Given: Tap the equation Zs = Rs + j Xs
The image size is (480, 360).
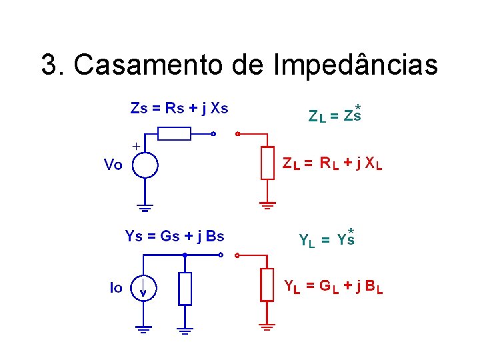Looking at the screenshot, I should coord(179,108).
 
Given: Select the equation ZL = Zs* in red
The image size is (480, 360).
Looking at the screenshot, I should coord(335,115).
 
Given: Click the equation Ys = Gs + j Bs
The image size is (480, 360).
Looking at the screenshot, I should coord(175,235).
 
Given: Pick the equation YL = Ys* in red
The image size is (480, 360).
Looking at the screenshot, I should coord(327,239).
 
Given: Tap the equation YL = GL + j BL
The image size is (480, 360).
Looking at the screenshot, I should coord(333,287).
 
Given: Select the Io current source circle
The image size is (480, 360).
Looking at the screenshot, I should coord(143,288).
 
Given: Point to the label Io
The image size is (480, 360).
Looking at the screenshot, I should coord(116,288).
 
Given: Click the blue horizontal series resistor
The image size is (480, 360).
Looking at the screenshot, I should coord(174,134).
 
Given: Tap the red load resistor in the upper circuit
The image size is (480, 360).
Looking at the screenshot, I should coord(267,163).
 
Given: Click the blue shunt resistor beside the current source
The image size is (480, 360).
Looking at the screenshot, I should coord(185,288).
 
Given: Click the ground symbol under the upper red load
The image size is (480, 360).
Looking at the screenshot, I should coord(267,205).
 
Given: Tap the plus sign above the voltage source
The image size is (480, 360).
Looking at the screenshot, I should coord(136,145).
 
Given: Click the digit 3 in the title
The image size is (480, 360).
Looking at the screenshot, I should coord(48,65).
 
